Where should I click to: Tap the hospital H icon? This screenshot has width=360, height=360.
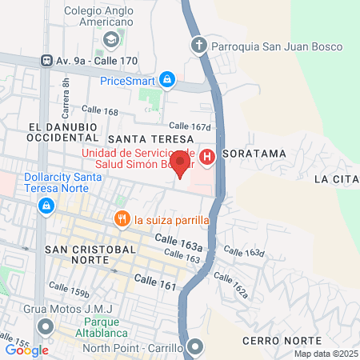pyautogui.click(x=207, y=158)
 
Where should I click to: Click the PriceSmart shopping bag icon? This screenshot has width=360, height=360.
pyautogui.click(x=166, y=79)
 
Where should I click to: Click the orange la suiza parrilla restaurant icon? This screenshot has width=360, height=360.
pyautogui.click(x=122, y=218)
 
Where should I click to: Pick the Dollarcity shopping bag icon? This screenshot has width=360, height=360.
pyautogui.click(x=46, y=206)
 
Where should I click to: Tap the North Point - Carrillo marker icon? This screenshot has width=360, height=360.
pyautogui.click(x=194, y=346)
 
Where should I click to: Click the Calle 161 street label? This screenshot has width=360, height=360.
pyautogui.click(x=154, y=280)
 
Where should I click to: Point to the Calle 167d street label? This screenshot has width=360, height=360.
pyautogui.click(x=189, y=126)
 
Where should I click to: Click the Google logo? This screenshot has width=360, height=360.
pyautogui.click(x=26, y=350)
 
